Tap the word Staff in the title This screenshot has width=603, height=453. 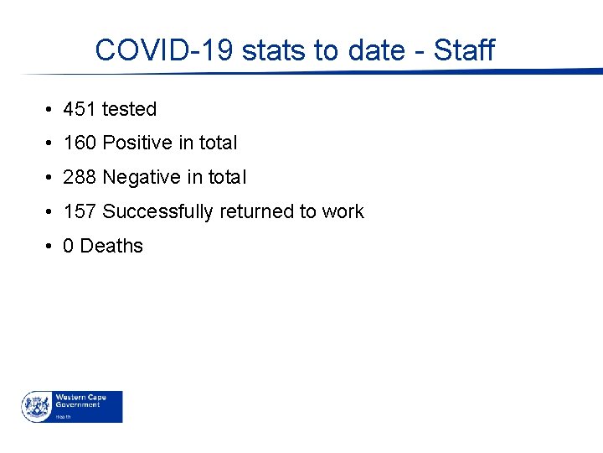(464, 50)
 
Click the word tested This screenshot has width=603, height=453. (129, 109)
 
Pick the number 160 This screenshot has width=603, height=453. (80, 143)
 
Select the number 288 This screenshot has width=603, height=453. (80, 178)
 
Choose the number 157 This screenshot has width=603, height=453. (80, 211)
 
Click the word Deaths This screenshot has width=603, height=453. (111, 246)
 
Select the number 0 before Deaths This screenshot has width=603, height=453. (69, 246)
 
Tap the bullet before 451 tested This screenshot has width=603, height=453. (50, 110)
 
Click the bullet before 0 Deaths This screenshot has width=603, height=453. (50, 247)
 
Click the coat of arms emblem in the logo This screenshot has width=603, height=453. (36, 406)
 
